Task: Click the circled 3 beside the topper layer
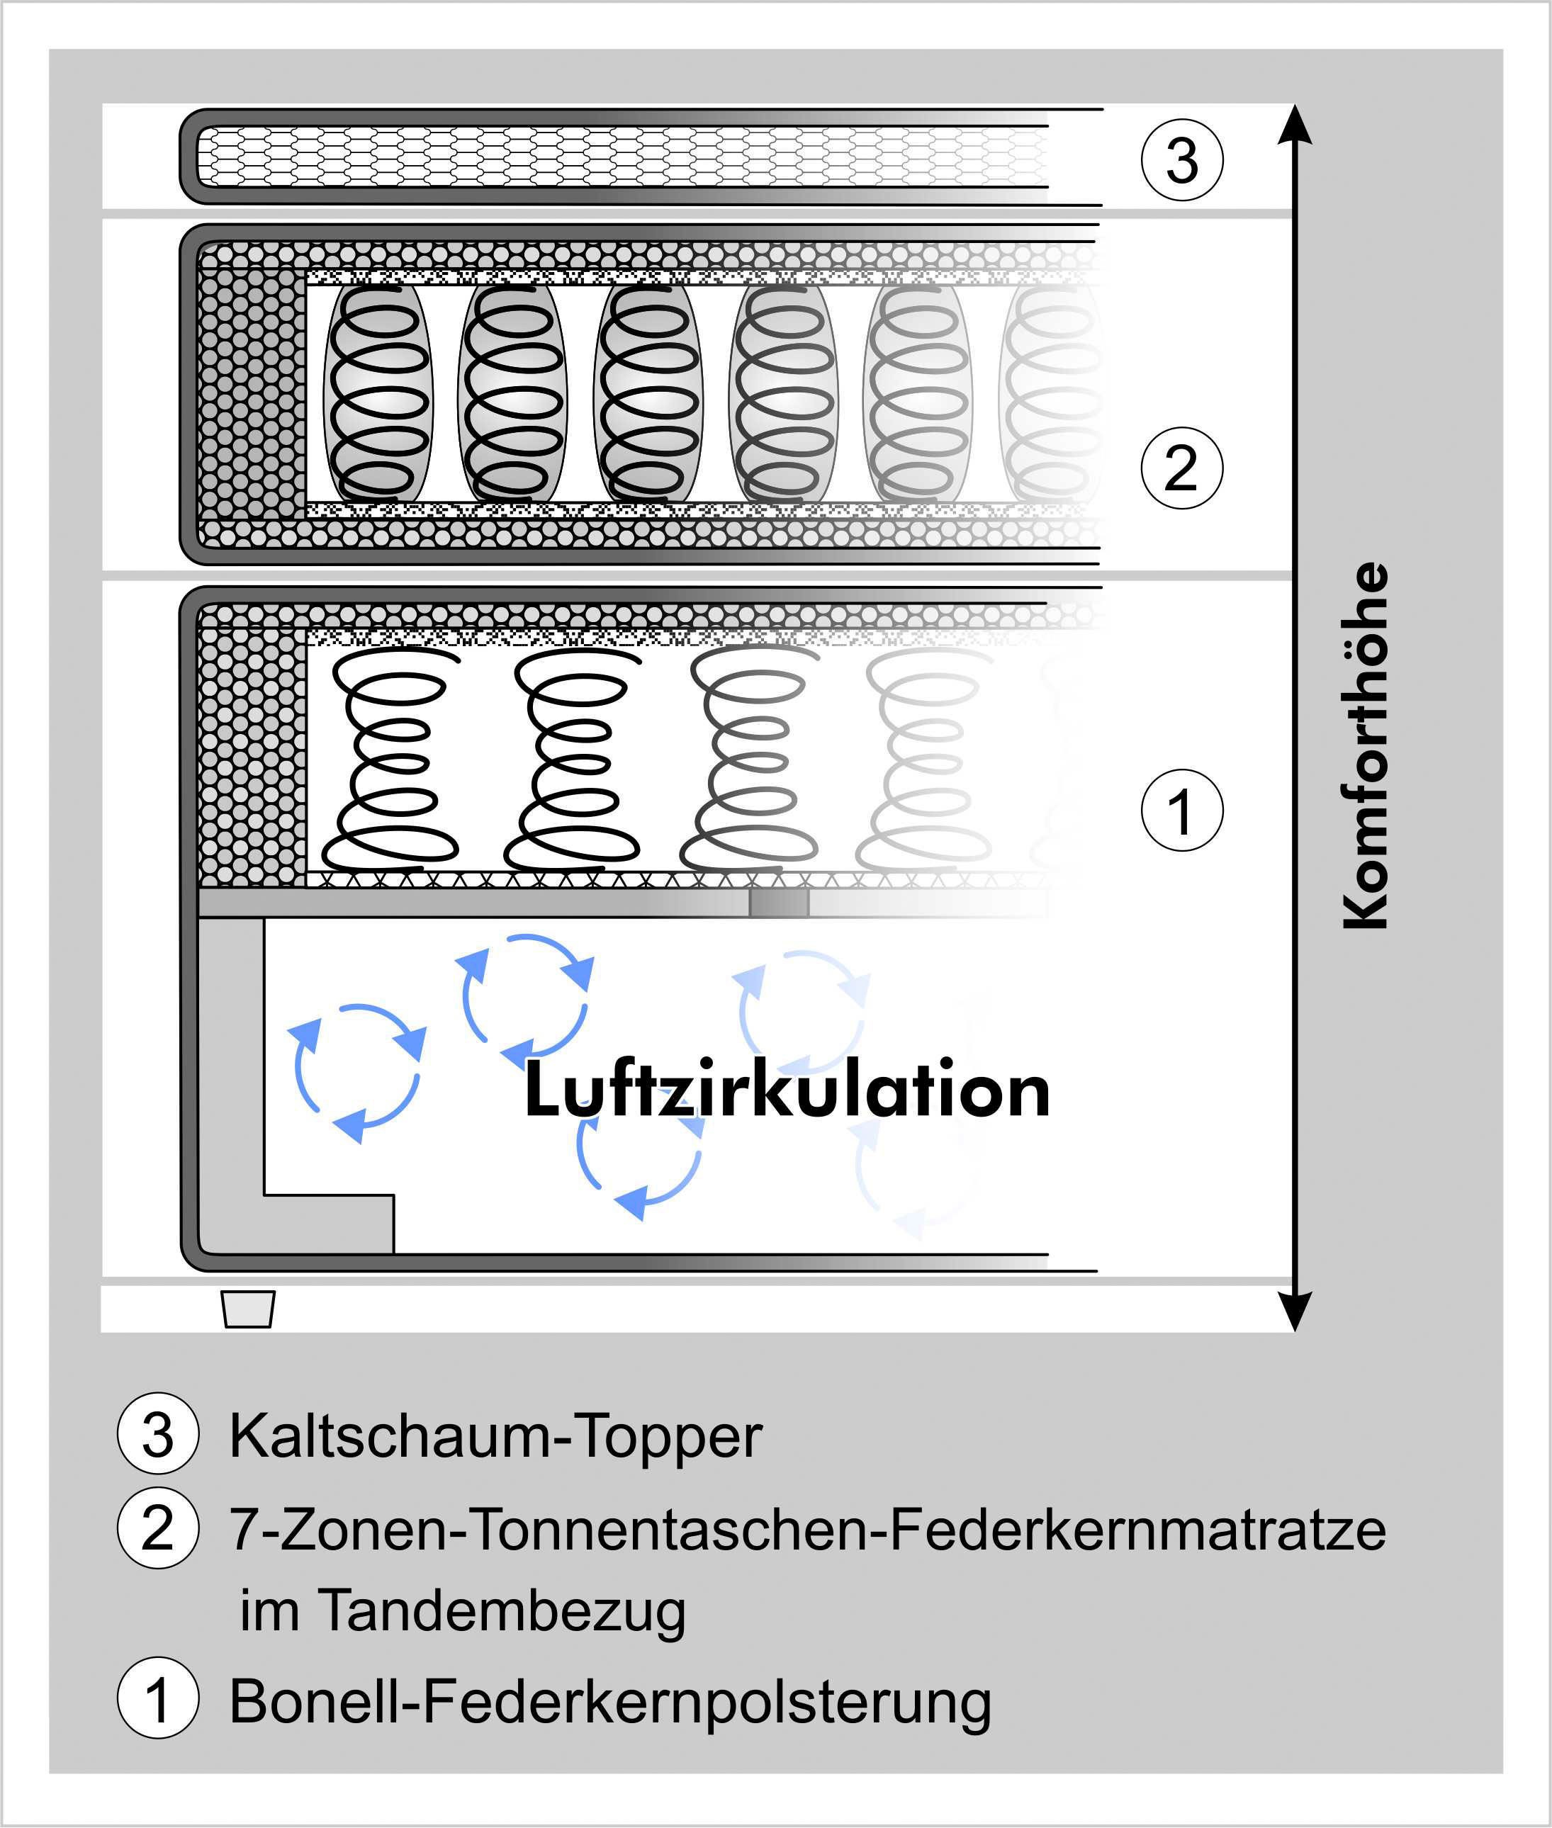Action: [x=1181, y=160]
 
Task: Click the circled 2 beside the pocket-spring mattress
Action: [x=1181, y=468]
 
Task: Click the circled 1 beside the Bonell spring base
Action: [x=1181, y=810]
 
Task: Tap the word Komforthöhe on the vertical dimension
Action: [x=1366, y=745]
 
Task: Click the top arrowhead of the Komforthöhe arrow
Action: [x=1294, y=126]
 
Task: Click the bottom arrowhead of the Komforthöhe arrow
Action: [x=1294, y=1311]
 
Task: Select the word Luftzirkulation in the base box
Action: [x=787, y=1090]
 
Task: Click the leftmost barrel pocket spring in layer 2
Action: [x=378, y=393]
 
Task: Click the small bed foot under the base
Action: [x=248, y=1309]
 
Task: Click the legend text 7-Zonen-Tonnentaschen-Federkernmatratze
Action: [x=806, y=1529]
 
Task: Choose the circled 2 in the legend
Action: [x=157, y=1529]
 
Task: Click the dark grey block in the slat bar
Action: [x=779, y=903]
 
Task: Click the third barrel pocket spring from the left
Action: [x=648, y=393]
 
